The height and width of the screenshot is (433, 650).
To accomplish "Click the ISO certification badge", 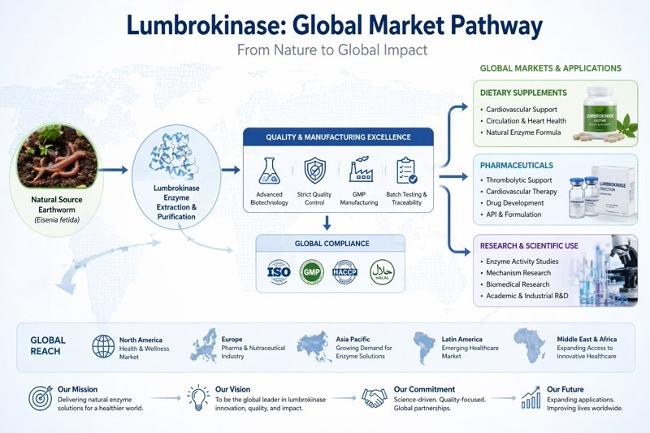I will click(279, 271).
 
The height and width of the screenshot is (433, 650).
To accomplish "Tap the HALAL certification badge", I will click(382, 271).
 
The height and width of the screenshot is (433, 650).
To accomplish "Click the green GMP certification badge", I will click(313, 271).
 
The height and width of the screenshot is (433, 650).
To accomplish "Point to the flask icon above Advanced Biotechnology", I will click(270, 171).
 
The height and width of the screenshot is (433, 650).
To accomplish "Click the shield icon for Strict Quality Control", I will click(314, 171).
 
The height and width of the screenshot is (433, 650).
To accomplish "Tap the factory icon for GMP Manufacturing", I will click(359, 171).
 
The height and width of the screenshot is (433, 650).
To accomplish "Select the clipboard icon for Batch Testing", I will click(405, 171).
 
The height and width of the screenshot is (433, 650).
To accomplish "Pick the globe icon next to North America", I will click(104, 346).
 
